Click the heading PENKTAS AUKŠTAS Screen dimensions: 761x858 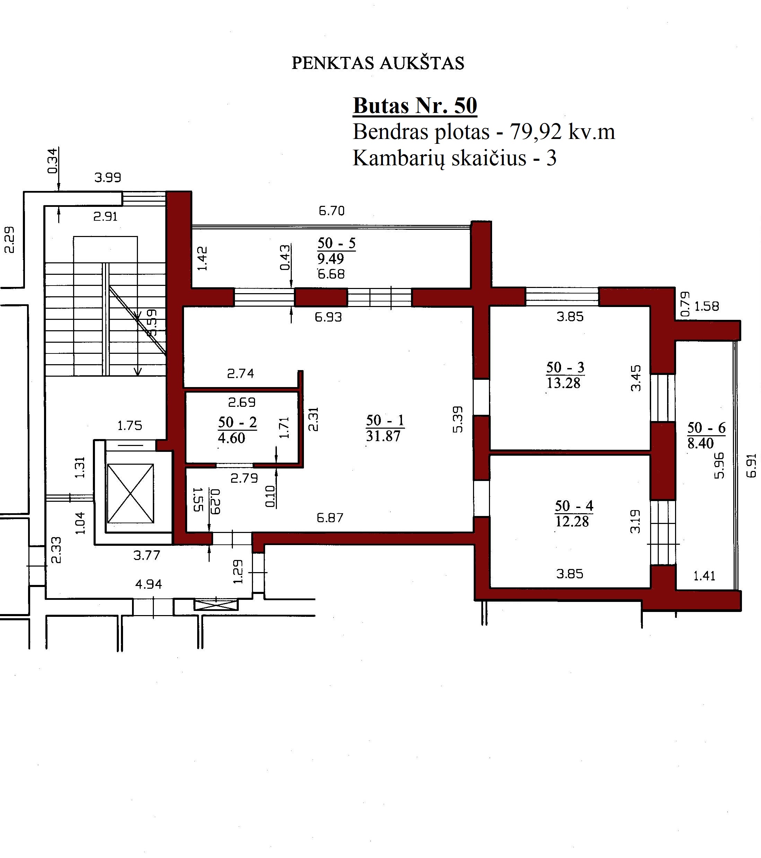coord(378,63)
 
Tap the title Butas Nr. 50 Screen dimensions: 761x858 coord(415,105)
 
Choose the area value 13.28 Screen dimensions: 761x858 coord(563,383)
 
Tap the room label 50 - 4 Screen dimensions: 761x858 coord(574,506)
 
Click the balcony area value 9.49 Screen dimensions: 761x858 coord(330,259)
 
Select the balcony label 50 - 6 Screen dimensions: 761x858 coord(707,428)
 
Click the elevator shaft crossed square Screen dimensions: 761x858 coord(131,494)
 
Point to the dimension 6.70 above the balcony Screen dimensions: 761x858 coord(332,211)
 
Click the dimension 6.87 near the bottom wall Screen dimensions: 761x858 coord(330,518)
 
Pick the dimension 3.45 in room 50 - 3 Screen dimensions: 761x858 coord(636,378)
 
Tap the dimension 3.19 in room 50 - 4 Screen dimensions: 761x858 coord(636,521)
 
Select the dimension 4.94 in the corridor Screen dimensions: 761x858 coord(149,584)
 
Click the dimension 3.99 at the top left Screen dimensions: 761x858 coord(108,177)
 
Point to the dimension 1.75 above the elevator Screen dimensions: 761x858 coord(130,426)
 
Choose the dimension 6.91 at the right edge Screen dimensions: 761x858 coord(751,465)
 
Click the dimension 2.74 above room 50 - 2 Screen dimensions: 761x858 coord(240,374)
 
